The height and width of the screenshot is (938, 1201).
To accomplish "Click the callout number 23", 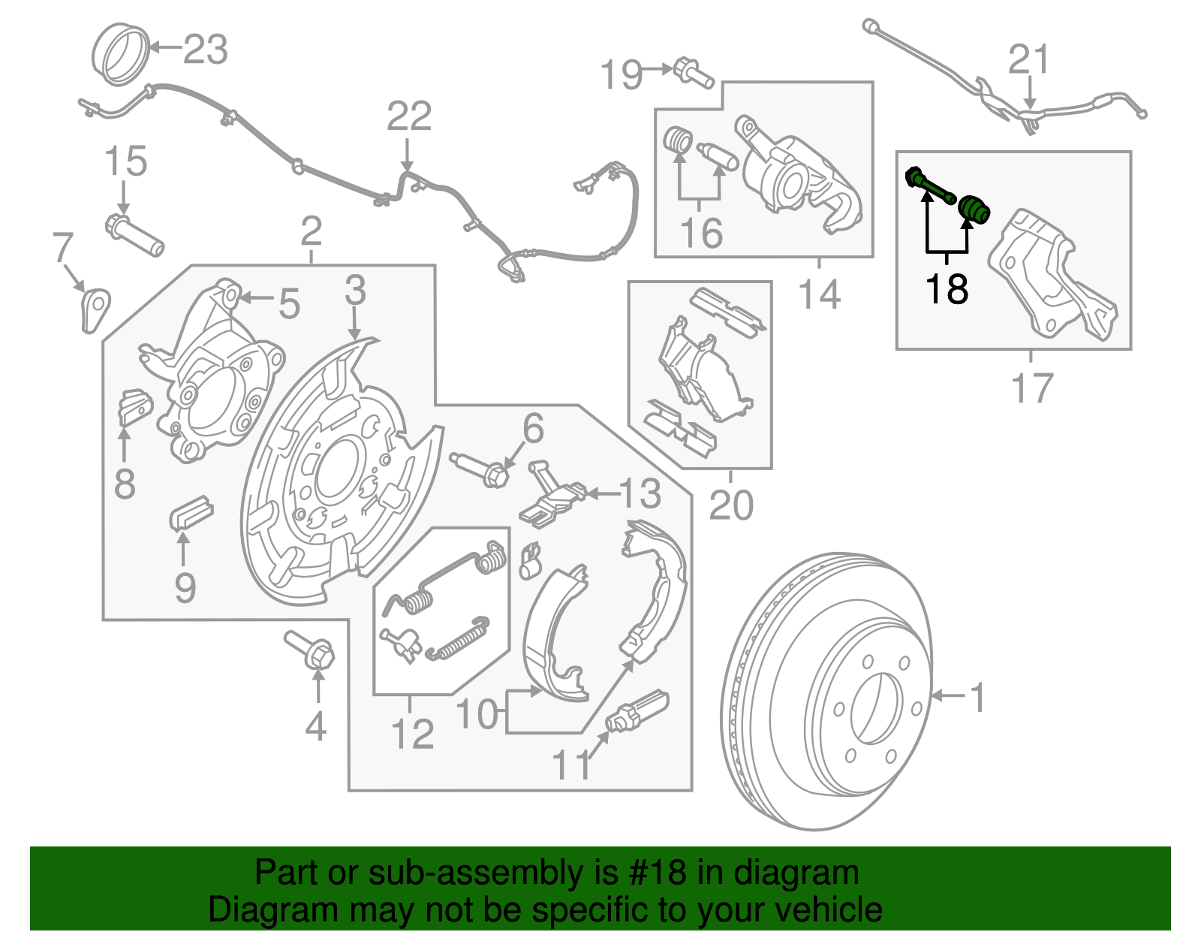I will (x=206, y=50).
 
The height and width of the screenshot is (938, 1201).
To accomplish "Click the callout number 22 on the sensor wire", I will (x=409, y=116).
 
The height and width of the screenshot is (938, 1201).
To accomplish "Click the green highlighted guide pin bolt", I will (x=930, y=185).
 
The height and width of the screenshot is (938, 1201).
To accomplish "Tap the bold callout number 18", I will (x=947, y=289).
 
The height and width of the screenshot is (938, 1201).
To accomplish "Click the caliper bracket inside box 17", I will (x=1051, y=278).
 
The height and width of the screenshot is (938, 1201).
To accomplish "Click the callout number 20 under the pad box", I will (x=730, y=505).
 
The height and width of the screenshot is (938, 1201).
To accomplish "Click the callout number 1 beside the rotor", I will (x=977, y=698).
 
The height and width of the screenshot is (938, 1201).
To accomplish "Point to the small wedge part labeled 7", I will (x=94, y=308).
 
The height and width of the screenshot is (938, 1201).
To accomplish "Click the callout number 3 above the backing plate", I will (x=355, y=291).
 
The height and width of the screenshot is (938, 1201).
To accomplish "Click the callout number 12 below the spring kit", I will (x=412, y=734).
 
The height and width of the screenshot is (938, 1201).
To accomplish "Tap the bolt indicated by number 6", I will (x=482, y=469).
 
